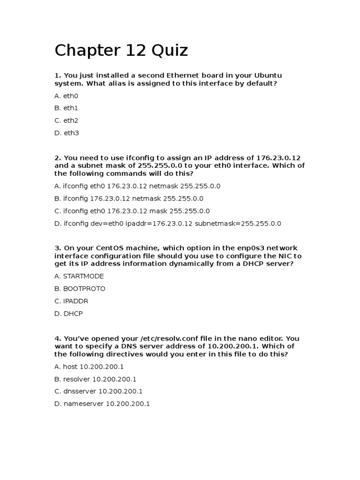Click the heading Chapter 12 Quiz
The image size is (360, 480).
tap(121, 51)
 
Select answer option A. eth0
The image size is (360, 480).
tap(66, 96)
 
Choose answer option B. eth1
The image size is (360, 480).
tap(66, 108)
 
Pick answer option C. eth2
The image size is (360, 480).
tap(66, 120)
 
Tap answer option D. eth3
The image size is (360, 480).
tap(67, 133)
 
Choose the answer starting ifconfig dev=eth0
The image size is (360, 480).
tap(168, 224)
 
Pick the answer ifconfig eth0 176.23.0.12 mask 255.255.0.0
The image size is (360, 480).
tap(132, 211)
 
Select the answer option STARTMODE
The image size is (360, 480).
tap(79, 276)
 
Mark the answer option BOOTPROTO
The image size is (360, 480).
tap(80, 289)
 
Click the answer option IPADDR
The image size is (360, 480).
tap(71, 301)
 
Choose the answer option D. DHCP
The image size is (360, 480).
tap(68, 314)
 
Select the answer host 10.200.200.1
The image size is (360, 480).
tap(89, 367)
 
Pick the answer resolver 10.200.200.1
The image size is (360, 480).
tap(95, 379)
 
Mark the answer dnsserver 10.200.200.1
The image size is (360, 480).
tap(98, 391)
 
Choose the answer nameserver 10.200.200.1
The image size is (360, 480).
tap(102, 404)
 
